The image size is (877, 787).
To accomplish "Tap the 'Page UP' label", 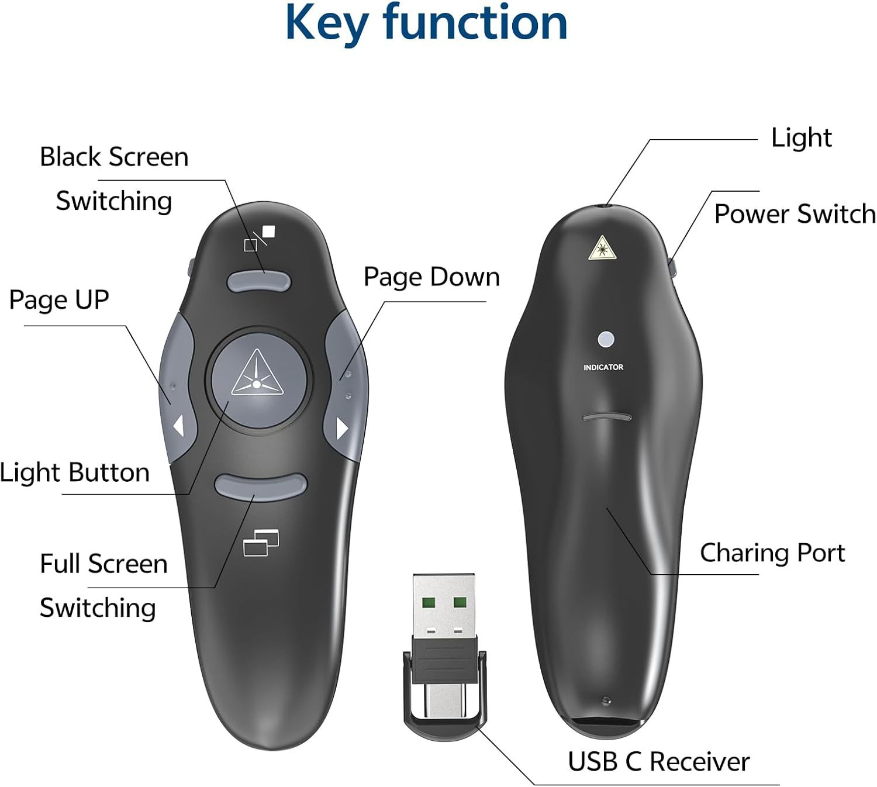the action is point(59,299).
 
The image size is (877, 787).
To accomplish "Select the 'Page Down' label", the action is point(431,277).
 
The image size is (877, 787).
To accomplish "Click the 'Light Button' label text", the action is point(74,472).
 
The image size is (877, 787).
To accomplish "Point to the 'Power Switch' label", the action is point(795,213).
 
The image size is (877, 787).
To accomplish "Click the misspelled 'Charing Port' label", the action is point(772,553).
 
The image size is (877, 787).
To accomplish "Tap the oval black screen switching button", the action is point(259,281).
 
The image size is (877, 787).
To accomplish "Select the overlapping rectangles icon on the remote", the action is point(261,542).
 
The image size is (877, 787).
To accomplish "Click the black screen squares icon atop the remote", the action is point(259,238).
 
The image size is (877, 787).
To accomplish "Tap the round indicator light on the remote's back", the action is point(606,339).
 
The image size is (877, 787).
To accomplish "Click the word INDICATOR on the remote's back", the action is point(603,367).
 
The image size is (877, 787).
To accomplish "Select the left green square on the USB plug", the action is point(428,603).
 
